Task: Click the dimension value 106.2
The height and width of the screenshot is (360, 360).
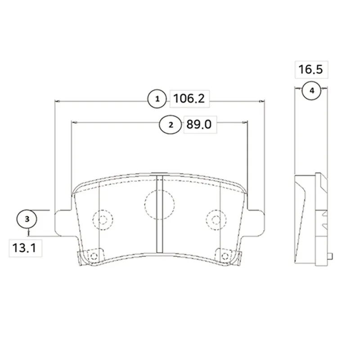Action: [x=189, y=99]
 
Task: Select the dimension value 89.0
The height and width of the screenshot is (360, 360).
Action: [x=199, y=125]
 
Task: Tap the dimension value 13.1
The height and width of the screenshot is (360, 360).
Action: [x=24, y=248]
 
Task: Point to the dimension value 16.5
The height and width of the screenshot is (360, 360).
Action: [x=310, y=69]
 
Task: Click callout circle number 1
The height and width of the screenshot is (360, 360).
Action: [x=157, y=99]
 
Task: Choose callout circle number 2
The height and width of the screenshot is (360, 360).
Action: [x=171, y=125]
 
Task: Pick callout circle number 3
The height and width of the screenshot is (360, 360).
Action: [x=27, y=219]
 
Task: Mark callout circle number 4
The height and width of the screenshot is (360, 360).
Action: [x=311, y=91]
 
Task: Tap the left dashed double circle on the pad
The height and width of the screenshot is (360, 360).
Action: [x=103, y=220]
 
